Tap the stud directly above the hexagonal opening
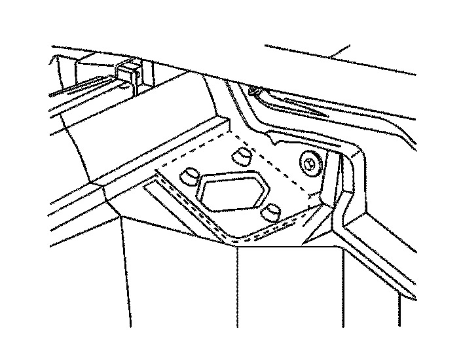242,156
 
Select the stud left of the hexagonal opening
189,175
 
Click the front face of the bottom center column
288,288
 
